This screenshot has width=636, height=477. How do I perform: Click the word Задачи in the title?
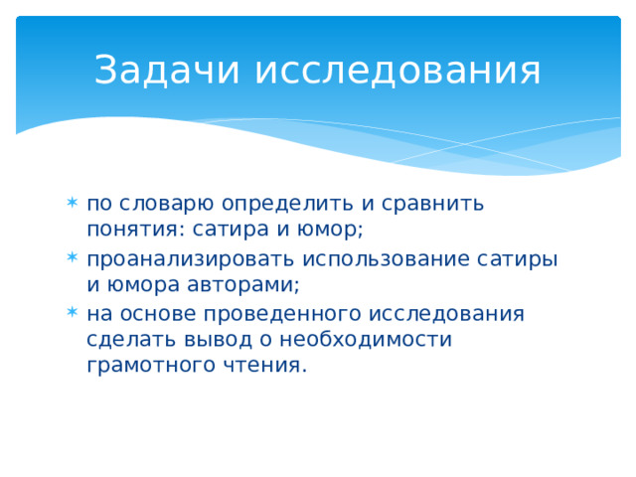point(167,71)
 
